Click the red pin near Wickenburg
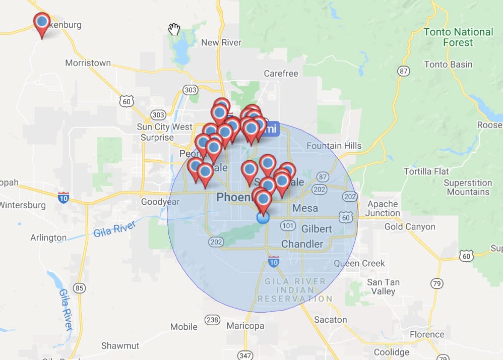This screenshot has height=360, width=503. (x=42, y=23)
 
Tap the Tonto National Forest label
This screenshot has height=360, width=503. (x=458, y=37)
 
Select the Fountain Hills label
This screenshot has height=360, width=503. (x=334, y=146)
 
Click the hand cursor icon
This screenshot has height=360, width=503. (x=174, y=29)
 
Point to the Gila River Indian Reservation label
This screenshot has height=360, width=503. (x=295, y=290)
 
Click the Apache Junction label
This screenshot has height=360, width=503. (x=383, y=208)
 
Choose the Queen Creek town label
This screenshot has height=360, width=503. (x=359, y=263)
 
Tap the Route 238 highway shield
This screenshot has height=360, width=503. (x=213, y=320)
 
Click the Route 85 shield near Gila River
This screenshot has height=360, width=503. (x=79, y=288)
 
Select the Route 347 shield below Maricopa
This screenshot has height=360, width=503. (x=245, y=355)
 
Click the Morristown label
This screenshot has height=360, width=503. (x=88, y=63)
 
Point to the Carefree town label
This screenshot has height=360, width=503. (x=281, y=74)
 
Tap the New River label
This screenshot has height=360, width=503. (x=221, y=43)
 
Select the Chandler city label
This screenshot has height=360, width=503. (x=302, y=244)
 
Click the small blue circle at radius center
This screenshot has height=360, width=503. (x=263, y=218)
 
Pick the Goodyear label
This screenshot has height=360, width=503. (x=153, y=202)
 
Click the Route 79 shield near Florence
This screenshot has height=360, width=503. (x=436, y=283)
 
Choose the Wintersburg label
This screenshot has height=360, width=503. (x=23, y=205)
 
